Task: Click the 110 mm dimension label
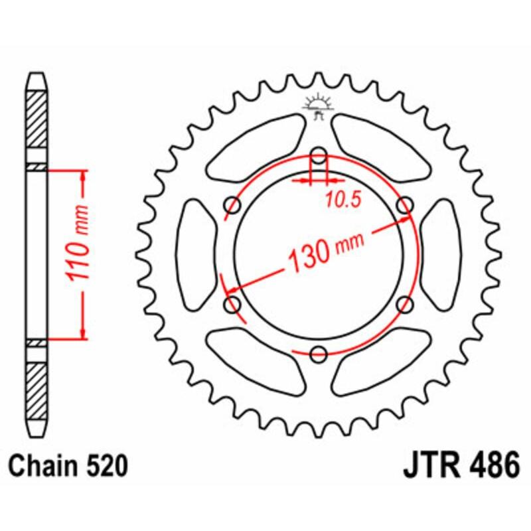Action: pyautogui.click(x=78, y=254)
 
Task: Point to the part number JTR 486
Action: pyautogui.click(x=461, y=467)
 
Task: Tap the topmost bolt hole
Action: pyautogui.click(x=319, y=157)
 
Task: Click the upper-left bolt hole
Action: pyautogui.click(x=234, y=205)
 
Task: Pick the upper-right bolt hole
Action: pyautogui.click(x=404, y=205)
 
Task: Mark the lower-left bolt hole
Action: pyautogui.click(x=234, y=304)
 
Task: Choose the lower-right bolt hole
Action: pyautogui.click(x=404, y=304)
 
